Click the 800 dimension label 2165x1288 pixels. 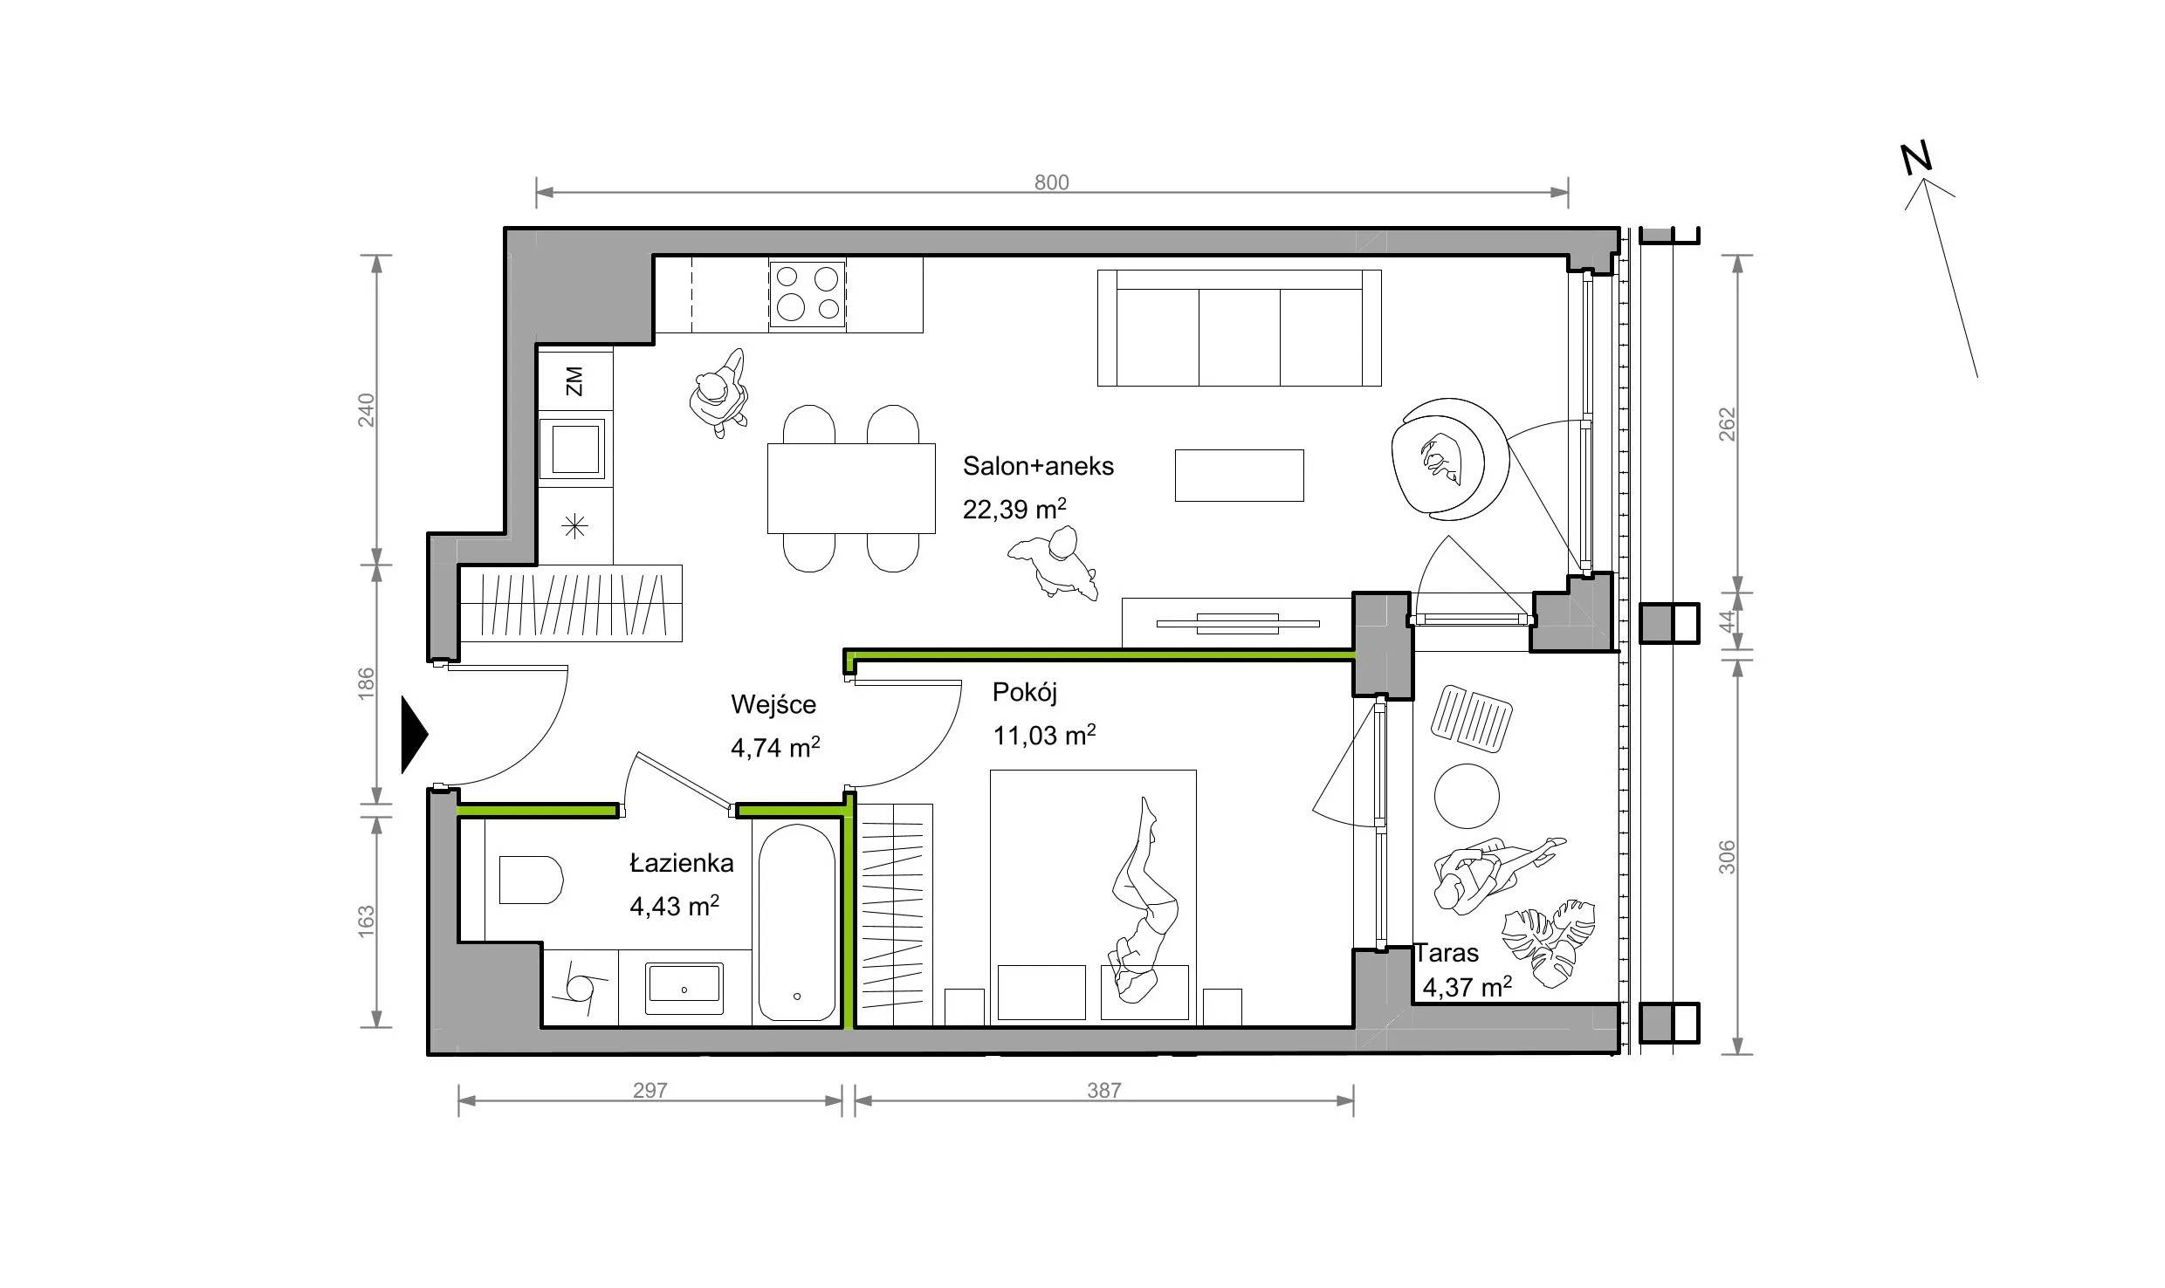click(x=1051, y=182)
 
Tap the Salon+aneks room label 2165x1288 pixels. click(x=1038, y=466)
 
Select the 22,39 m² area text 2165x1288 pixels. click(x=1014, y=509)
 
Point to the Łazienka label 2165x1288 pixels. click(x=682, y=863)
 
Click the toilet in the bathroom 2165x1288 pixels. click(x=530, y=880)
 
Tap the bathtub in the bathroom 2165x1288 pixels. click(x=795, y=923)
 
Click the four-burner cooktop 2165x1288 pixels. click(x=807, y=294)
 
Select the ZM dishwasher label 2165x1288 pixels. click(x=574, y=380)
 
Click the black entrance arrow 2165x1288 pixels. click(x=414, y=735)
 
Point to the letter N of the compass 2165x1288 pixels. click(x=1917, y=159)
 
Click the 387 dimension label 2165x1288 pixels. click(x=1103, y=1090)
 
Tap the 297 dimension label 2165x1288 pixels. click(x=650, y=1090)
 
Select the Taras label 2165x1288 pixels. click(x=1447, y=952)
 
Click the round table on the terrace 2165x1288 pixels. click(x=1467, y=796)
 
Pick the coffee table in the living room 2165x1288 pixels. click(x=1239, y=476)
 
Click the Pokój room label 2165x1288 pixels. click(x=1025, y=693)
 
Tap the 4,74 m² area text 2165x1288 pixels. click(x=775, y=748)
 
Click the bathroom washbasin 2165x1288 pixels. click(x=684, y=988)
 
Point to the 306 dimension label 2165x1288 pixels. click(x=1727, y=857)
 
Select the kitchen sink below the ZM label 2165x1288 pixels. click(x=572, y=449)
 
